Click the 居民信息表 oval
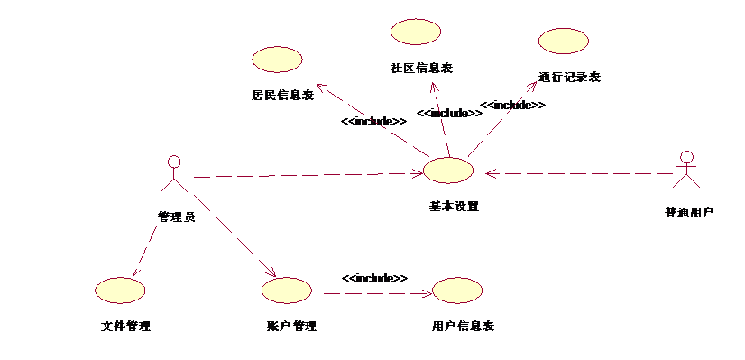pyautogui.click(x=277, y=60)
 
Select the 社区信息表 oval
pyautogui.click(x=416, y=32)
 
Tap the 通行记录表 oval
pyautogui.click(x=564, y=41)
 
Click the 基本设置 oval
pyautogui.click(x=448, y=171)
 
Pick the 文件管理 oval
pyautogui.click(x=120, y=290)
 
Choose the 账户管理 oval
pyautogui.click(x=286, y=290)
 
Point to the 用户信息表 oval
pyautogui.click(x=458, y=290)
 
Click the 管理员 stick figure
pyautogui.click(x=171, y=174)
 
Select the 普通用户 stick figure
pyautogui.click(x=687, y=171)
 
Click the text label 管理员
pyautogui.click(x=176, y=217)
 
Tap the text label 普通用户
pyautogui.click(x=689, y=213)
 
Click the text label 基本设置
pyautogui.click(x=454, y=206)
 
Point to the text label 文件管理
pyautogui.click(x=125, y=326)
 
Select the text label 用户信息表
pyautogui.click(x=463, y=326)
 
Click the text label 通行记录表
pyautogui.click(x=569, y=77)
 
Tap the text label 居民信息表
pyautogui.click(x=282, y=95)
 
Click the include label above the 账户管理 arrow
pyautogui.click(x=374, y=278)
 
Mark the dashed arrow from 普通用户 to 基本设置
pyautogui.click(x=577, y=172)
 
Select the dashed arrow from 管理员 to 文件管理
pyautogui.click(x=144, y=244)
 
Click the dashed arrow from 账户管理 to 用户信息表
pyautogui.click(x=374, y=292)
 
